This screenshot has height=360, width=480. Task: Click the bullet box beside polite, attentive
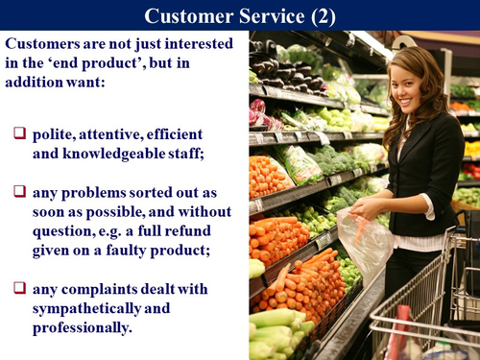pos(19,130)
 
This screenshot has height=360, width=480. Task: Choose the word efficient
pos(195,131)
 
